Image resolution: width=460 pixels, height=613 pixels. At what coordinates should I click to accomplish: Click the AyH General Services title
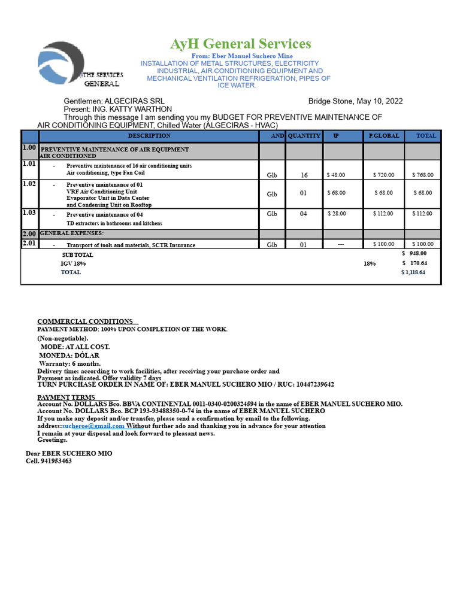[x=241, y=44]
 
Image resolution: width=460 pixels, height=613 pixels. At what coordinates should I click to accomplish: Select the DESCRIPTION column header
[x=149, y=136]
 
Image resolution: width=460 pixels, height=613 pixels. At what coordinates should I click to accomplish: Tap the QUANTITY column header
[x=304, y=136]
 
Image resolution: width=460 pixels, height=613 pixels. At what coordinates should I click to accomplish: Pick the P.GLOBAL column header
[x=384, y=136]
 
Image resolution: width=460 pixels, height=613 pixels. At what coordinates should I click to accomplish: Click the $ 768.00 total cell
[x=423, y=175]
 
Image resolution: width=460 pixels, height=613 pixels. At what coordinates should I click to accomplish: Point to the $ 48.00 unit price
[x=336, y=175]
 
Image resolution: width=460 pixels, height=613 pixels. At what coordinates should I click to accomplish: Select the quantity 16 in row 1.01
[x=304, y=175]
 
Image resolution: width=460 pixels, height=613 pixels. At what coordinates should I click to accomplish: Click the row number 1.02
[x=29, y=184]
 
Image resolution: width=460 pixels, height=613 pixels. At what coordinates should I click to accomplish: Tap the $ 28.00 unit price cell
[x=336, y=214]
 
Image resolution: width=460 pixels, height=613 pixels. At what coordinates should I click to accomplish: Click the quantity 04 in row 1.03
[x=304, y=214]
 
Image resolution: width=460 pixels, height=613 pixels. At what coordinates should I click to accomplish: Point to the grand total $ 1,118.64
[x=413, y=272]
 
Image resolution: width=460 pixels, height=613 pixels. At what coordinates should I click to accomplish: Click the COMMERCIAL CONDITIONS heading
[x=85, y=321]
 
